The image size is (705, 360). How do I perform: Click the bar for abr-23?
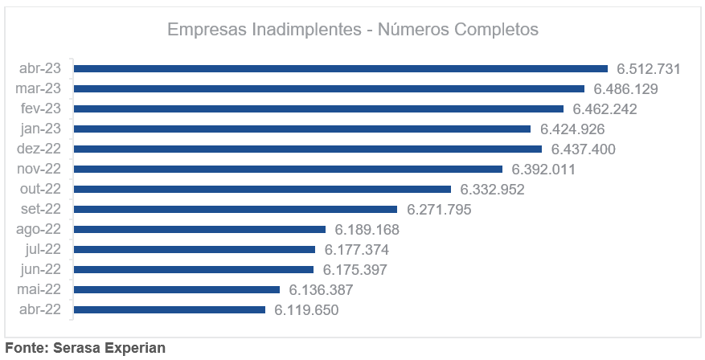(x=341, y=69)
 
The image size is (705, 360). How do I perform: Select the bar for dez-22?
(x=308, y=149)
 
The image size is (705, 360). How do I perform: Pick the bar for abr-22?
(x=170, y=309)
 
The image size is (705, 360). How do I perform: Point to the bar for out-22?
(x=262, y=190)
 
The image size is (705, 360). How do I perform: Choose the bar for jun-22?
(x=194, y=269)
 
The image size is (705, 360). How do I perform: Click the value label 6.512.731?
(x=649, y=69)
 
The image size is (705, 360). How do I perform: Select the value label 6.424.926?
(x=572, y=129)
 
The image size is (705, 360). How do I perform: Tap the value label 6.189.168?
(x=367, y=230)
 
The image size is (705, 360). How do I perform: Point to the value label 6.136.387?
(x=322, y=290)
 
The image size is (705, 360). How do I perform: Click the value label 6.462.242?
(x=605, y=109)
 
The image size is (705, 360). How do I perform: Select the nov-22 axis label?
(x=39, y=169)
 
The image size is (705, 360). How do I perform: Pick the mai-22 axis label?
(x=40, y=289)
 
